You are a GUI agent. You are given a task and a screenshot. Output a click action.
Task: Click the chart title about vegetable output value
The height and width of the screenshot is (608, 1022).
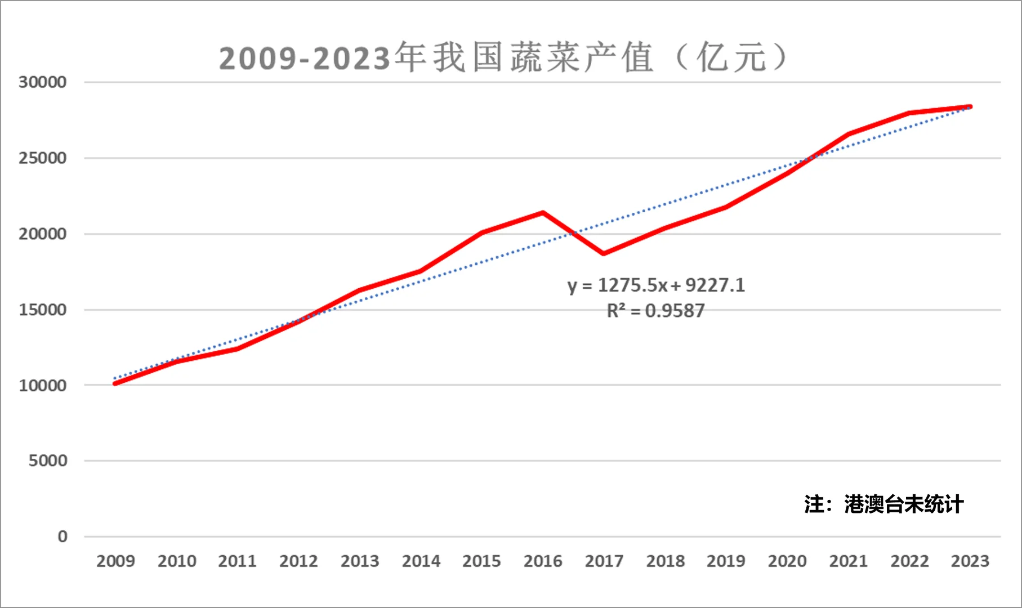tap(503, 58)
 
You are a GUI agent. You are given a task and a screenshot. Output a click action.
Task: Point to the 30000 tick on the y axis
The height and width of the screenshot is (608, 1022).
tap(42, 82)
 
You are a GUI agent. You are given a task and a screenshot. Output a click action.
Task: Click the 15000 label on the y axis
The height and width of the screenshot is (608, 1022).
tap(42, 310)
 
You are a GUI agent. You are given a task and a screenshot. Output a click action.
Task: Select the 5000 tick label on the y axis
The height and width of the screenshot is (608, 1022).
tap(48, 461)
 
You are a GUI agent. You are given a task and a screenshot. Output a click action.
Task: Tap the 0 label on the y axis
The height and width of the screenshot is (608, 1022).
tap(63, 537)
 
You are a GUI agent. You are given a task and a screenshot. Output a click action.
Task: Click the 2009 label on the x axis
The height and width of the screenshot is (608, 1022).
tap(115, 561)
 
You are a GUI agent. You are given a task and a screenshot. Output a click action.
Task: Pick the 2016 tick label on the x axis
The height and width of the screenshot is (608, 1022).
tap(543, 561)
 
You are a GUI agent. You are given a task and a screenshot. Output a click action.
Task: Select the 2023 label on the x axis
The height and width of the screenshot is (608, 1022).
tap(970, 561)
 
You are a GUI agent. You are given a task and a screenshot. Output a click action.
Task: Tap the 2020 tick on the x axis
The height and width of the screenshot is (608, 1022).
tap(787, 561)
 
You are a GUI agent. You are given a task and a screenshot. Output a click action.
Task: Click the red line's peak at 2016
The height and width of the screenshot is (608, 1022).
tap(543, 213)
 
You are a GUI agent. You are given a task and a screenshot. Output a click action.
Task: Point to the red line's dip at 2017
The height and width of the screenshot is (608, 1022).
tap(604, 253)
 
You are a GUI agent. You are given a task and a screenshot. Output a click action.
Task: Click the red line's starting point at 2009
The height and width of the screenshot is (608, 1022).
tap(115, 383)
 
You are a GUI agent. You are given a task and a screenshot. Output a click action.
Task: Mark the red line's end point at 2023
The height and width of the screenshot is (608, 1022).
tap(970, 106)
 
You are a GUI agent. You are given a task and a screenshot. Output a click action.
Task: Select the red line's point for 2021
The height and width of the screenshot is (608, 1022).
tap(848, 134)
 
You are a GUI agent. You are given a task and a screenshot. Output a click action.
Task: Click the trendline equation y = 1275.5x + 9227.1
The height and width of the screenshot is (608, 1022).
tap(656, 285)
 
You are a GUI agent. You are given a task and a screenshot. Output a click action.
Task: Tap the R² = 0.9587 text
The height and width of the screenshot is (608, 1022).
tap(656, 311)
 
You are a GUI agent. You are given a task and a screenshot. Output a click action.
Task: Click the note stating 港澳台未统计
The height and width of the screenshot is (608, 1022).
tap(883, 504)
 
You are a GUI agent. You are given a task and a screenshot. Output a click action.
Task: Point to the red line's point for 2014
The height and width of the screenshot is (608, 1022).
tap(421, 271)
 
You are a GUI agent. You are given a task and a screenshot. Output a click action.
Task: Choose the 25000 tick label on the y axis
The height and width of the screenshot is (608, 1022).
tap(42, 158)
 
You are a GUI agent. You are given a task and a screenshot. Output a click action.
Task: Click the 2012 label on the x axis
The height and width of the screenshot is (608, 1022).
tap(298, 561)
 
